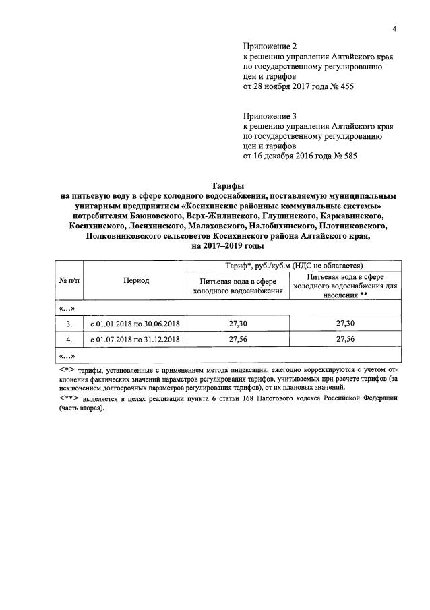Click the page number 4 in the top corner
click(x=395, y=28)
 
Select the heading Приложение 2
click(x=269, y=46)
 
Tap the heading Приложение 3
click(x=269, y=116)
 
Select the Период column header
click(x=136, y=280)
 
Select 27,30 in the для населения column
click(x=345, y=324)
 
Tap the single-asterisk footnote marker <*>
click(x=66, y=371)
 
